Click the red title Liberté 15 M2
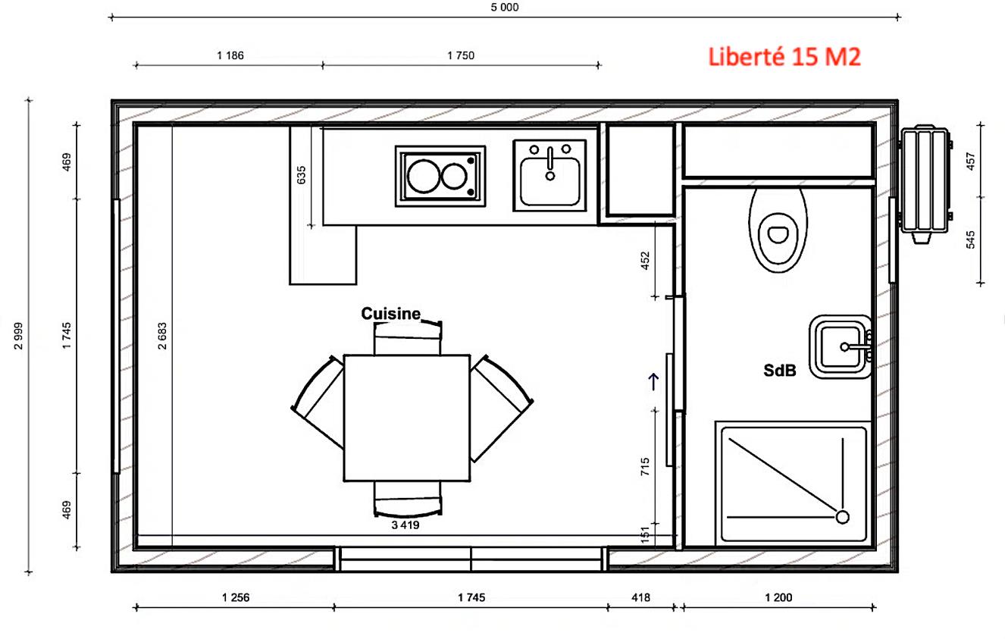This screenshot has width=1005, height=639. coord(784,58)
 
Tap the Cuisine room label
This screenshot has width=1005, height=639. coord(390,314)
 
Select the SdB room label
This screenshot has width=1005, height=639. coord(779,371)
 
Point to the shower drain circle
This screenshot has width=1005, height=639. coord(842,517)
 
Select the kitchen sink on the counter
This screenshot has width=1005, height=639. coord(549,175)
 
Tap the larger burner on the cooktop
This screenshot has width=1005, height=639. coord(422,176)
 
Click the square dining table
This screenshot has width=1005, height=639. coord(406,418)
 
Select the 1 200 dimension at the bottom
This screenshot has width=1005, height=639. coord(778,597)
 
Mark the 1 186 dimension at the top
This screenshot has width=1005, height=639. coord(230,55)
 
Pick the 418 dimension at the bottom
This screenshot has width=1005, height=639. coord(640,597)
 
